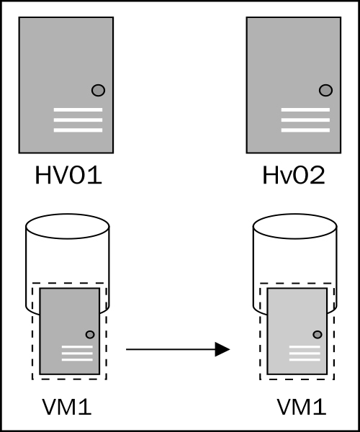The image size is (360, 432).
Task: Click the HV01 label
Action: (68, 175)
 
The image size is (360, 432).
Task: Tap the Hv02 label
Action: (294, 175)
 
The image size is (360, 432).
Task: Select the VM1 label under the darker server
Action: (67, 407)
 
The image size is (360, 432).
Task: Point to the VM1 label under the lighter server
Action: (302, 407)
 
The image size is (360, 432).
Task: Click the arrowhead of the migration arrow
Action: (222, 349)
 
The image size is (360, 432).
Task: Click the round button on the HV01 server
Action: (99, 91)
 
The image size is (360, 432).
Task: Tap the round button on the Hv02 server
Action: (326, 91)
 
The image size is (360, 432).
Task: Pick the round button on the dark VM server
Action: (90, 335)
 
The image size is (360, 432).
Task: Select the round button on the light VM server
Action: (318, 335)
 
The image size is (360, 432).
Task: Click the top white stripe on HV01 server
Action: (78, 110)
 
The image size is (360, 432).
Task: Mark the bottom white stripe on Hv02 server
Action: (305, 130)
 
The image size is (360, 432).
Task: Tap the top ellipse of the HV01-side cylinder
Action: (68, 226)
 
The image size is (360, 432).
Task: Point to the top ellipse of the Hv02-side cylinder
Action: (295, 226)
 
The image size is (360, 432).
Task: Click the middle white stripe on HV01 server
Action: (78, 120)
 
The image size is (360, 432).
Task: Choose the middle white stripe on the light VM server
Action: (305, 354)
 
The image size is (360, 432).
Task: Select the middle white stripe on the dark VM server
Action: (77, 354)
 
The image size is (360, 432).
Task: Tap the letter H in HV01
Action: (42, 175)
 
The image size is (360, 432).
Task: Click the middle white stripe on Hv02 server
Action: (305, 120)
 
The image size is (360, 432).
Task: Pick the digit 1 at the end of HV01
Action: (96, 175)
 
